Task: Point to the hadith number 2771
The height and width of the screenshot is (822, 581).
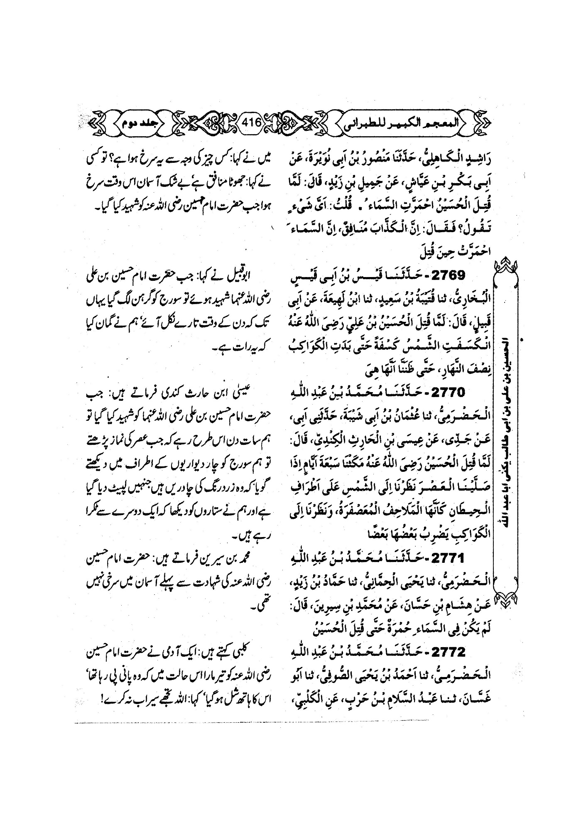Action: pyautogui.click(x=448, y=559)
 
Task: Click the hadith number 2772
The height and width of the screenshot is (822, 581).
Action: pyautogui.click(x=448, y=652)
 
